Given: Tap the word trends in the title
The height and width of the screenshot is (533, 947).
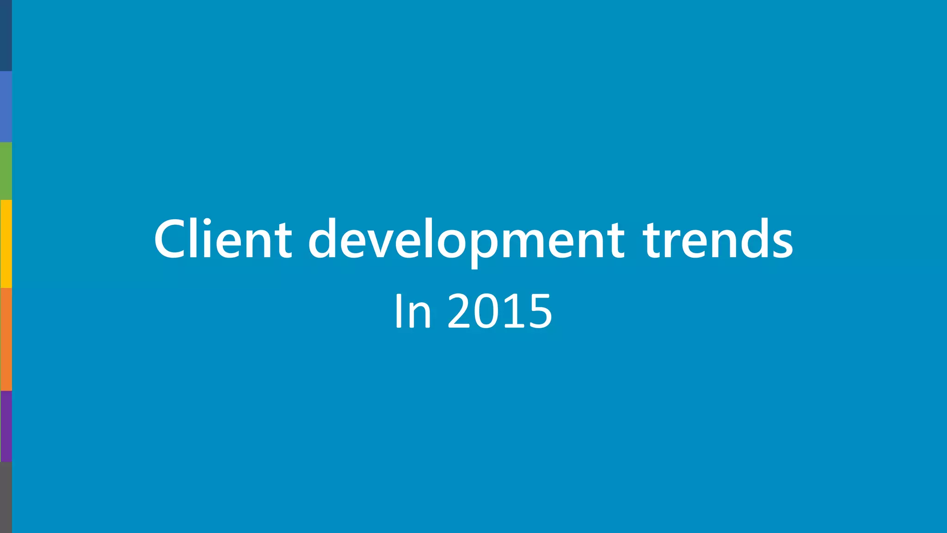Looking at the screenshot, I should coord(718,239).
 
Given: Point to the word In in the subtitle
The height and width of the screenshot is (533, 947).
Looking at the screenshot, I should coord(413,311).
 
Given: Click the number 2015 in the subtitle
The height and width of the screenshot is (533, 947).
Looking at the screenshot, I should coord(500,311).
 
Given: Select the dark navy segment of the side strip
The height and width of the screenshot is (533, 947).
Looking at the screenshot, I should coord(6,36).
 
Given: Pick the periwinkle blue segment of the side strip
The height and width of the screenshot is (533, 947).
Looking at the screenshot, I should coord(6,106).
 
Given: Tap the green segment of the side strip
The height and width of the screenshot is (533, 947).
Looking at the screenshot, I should coord(6,171).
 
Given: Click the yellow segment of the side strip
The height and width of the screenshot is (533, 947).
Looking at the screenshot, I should coord(6,244).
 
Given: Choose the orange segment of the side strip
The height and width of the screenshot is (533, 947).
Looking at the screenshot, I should coord(6,339).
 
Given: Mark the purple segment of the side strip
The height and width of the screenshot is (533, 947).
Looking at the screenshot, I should coord(6,426).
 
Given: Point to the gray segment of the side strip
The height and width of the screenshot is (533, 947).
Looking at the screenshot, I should coord(6,497).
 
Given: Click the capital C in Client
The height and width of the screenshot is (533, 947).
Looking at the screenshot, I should coord(171,239).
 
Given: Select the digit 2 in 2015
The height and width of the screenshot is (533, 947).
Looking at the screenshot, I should coord(462,311).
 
